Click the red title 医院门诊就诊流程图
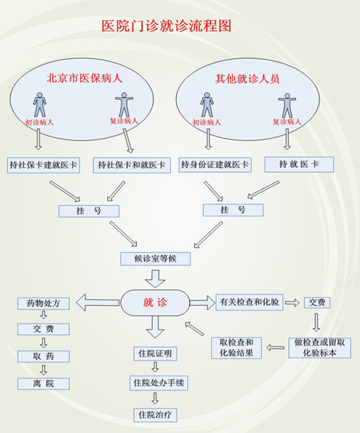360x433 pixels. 166,26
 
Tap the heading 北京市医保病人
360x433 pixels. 84,78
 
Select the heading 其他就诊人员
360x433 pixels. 247,79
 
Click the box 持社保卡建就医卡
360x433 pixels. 44,165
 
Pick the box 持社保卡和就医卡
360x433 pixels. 132,165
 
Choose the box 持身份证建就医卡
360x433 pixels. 215,164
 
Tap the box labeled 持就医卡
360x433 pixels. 299,164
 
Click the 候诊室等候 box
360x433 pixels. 155,259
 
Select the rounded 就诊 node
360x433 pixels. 155,303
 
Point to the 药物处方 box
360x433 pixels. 43,303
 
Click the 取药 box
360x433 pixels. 43,357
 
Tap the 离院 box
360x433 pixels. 43,383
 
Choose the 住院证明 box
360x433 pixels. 155,353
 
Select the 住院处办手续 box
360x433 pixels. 158,383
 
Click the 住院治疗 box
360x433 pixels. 155,415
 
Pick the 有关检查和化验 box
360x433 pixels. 249,302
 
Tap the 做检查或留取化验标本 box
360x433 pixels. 320,348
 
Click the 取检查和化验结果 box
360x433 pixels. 236,348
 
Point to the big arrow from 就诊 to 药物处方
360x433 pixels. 98,303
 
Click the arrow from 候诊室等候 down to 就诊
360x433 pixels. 155,279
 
